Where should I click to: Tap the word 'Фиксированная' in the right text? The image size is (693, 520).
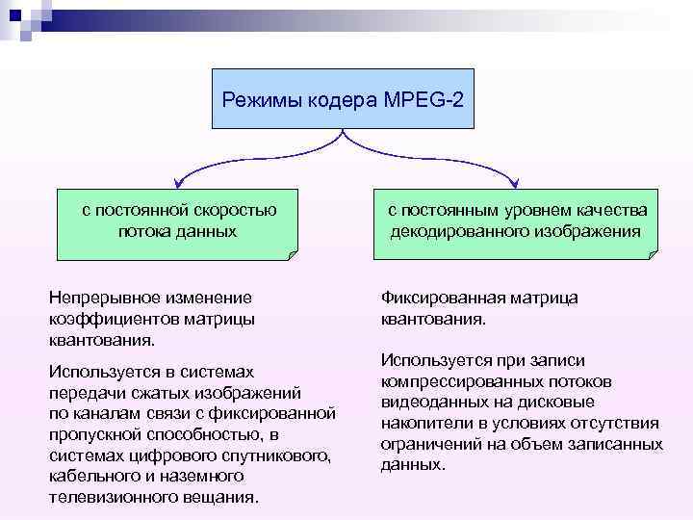(x=437, y=299)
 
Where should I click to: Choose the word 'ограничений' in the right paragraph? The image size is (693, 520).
(x=429, y=444)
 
